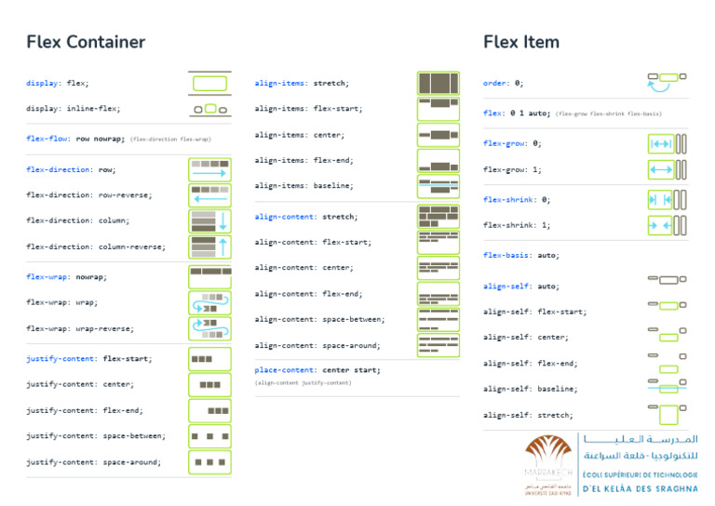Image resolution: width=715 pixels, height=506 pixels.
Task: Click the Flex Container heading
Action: tap(86, 42)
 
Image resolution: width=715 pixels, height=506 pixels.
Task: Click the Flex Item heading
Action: tap(520, 42)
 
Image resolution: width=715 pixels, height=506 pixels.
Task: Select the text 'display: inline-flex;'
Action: tap(73, 109)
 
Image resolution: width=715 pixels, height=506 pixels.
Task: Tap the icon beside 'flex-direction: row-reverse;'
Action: tap(209, 195)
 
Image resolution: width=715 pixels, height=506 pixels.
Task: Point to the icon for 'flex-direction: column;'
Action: tap(209, 221)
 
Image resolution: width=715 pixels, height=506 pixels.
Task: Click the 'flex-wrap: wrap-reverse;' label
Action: tap(79, 328)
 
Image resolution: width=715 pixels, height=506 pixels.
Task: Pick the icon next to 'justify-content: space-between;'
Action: tap(209, 436)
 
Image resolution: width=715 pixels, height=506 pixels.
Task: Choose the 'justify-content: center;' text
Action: tap(79, 384)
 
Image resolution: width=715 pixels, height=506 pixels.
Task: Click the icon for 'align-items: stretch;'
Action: tap(438, 83)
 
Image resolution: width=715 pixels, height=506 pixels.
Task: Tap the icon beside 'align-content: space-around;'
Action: tap(438, 345)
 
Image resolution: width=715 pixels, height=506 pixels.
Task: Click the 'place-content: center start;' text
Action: tap(317, 370)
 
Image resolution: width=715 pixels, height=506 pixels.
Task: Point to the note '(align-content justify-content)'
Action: tap(303, 383)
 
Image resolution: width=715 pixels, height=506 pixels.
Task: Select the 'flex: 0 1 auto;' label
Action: tap(517, 113)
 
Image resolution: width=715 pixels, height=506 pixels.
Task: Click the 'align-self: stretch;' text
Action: tap(528, 415)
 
